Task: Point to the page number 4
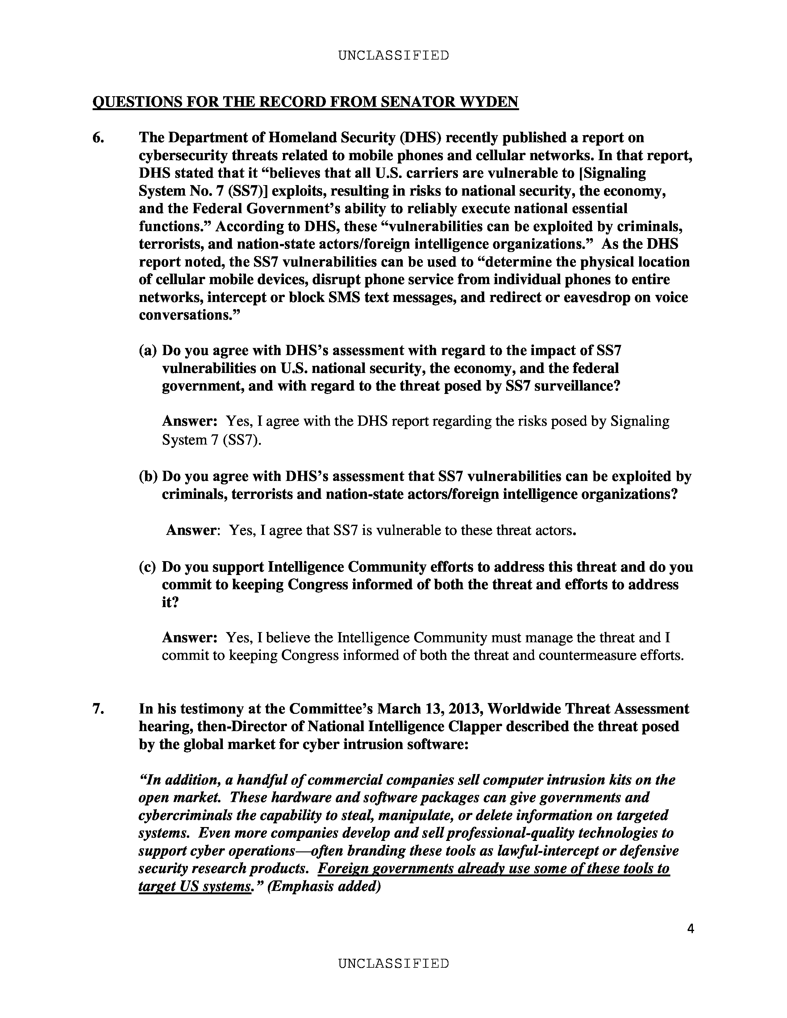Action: tap(690, 929)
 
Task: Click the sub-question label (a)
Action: tap(148, 350)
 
